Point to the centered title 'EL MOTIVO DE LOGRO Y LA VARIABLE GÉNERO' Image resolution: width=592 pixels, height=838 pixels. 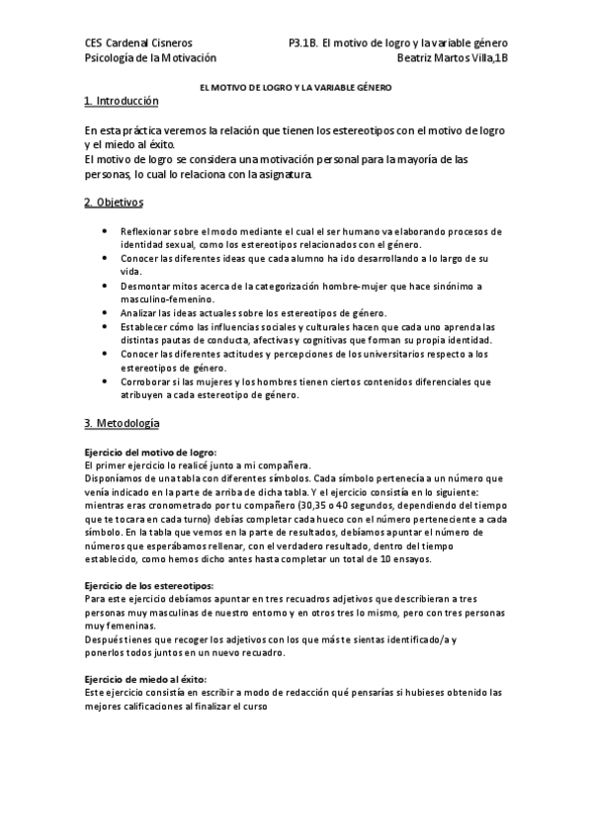point(296,88)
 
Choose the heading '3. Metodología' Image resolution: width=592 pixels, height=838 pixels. point(122,424)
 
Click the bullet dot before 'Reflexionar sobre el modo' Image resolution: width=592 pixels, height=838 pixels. point(107,230)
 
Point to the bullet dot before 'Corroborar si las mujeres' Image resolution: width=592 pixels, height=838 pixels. point(107,381)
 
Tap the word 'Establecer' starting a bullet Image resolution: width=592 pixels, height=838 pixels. point(145,327)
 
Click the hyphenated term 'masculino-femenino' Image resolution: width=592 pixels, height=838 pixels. point(164,298)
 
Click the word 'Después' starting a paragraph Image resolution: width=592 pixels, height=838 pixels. point(106,639)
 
